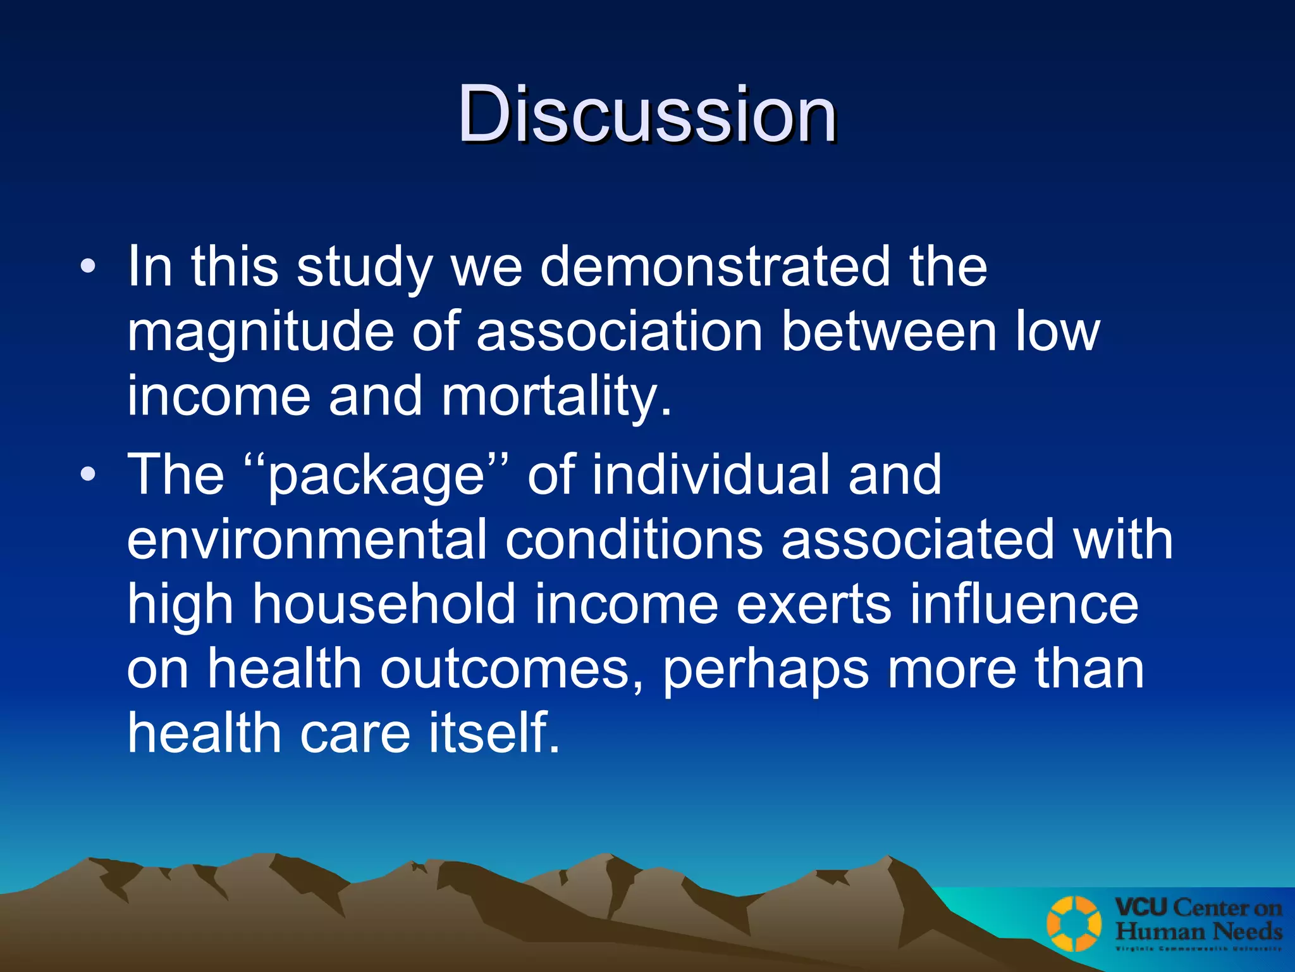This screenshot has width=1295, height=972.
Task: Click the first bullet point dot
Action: [x=89, y=266]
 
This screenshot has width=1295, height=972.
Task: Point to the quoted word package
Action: [x=376, y=476]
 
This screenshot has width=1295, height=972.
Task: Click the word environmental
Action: [x=307, y=539]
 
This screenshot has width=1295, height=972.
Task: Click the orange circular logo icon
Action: [x=1074, y=924]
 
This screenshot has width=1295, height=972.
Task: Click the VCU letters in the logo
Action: [x=1141, y=907]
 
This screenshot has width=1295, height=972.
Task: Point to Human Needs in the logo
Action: [x=1198, y=931]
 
